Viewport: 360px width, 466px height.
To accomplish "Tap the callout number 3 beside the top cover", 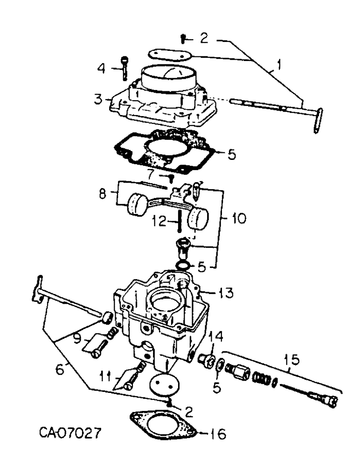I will click(x=97, y=99).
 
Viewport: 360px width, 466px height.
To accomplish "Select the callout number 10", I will click(x=238, y=217).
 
